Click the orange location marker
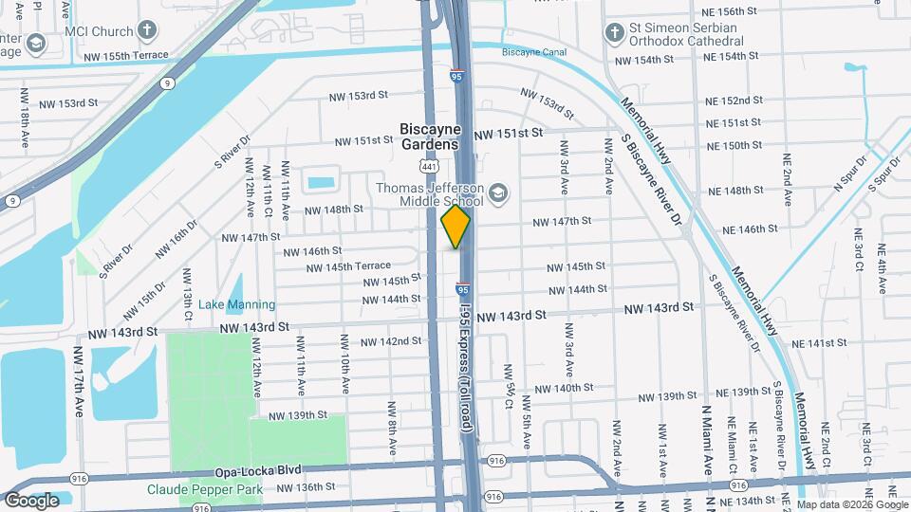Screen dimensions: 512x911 pos(455,227)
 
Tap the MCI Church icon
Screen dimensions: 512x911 pos(146,29)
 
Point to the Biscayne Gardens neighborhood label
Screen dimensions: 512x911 pos(430,137)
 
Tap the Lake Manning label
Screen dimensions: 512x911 pos(236,305)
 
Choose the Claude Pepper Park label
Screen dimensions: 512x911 pos(204,489)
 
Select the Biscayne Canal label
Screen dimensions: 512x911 pos(527,50)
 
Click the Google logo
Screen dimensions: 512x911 pos(32,500)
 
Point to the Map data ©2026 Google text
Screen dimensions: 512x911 pos(853,503)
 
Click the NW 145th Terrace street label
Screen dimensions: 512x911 pos(348,266)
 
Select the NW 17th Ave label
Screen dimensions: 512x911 pos(78,381)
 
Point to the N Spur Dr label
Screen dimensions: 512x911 pos(850,174)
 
